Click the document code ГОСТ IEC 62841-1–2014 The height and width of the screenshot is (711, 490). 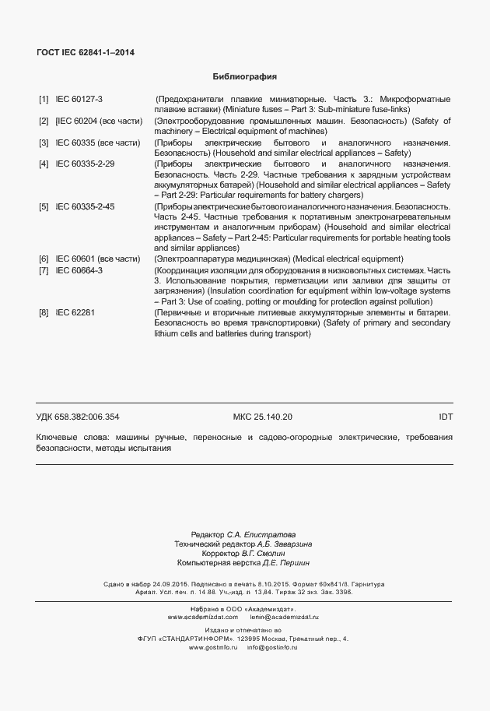pos(85,53)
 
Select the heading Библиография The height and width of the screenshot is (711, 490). pos(245,77)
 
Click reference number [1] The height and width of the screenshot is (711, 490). pos(44,100)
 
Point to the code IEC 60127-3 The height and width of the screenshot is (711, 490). pos(79,100)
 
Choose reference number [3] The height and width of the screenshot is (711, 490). pos(44,143)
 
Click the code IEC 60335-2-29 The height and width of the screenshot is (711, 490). pos(85,165)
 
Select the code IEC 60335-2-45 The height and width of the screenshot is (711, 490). pos(85,206)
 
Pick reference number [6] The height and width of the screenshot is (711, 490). pos(44,259)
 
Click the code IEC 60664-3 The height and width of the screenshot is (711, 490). pos(79,269)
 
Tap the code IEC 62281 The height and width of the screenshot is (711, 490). pos(74,312)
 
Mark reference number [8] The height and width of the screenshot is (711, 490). pos(44,312)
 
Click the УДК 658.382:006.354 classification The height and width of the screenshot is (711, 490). pos(78,417)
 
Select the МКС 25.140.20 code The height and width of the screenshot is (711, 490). pos(263,417)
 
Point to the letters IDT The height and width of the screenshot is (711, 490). pos(446,417)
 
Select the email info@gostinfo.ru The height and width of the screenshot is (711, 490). pos(272,647)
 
